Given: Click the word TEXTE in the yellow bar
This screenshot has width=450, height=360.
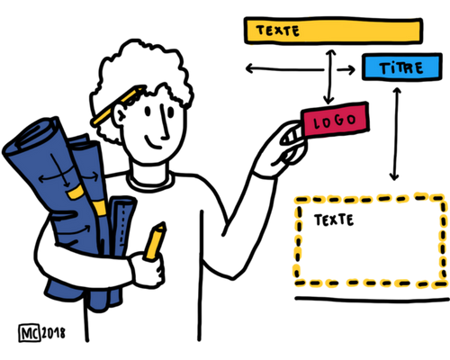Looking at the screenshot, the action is coord(278,31).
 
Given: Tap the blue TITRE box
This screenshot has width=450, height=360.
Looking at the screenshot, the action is coord(402,67).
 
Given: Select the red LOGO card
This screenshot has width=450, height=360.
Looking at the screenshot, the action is coord(336,121).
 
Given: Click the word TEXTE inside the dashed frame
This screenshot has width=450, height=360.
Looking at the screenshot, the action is coord(334,220).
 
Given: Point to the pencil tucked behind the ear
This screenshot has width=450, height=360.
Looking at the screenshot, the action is coord(118,105).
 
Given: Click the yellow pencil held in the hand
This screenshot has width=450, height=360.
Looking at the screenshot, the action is coord(155,241).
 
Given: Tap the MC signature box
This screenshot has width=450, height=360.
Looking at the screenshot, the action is coord(30,333).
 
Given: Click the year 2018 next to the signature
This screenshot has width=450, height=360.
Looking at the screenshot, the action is coord(53,333).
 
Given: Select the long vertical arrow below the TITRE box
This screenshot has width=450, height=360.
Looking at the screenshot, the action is coord(395,134).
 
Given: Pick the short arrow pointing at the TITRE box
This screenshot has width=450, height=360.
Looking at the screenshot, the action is coord(346,70).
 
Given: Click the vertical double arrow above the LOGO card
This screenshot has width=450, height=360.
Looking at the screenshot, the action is coord(330,76).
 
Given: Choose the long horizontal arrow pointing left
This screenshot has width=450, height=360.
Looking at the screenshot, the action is coord(285,69).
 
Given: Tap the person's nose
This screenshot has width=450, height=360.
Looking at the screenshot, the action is coord(164,123).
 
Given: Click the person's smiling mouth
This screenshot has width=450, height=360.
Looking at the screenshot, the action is coord(153,143).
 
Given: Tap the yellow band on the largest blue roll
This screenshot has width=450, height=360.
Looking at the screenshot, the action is coord(76,192).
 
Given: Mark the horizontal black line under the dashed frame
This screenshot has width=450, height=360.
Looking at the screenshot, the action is coord(372,299).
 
